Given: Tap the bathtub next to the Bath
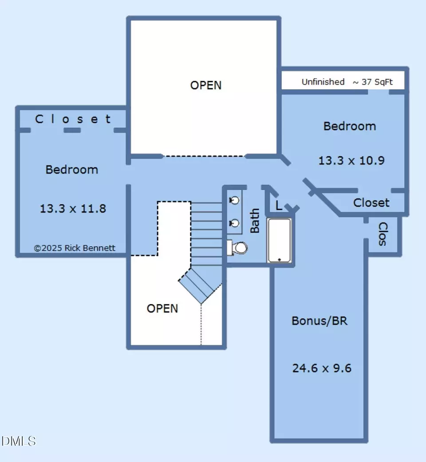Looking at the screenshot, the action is pos(279,240).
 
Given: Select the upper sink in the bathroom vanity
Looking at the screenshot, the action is pos(234,200).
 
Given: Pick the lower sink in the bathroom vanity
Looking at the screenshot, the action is pos(234,223).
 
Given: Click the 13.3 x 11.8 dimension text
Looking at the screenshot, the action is pos(73,209).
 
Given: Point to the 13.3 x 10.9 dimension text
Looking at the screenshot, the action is pos(351,161).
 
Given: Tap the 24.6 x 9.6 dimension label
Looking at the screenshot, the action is pos(322,368).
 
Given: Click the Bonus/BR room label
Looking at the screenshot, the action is pos(319,320).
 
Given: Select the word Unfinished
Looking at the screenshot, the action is pos(323,82).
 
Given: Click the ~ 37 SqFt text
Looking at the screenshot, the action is pos(373,82).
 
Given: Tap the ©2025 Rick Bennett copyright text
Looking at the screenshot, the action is pos(75,248).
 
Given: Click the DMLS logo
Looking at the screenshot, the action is pos(18,441).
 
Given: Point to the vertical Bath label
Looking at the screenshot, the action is pos(255,221).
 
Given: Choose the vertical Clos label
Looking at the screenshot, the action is pos(383,234).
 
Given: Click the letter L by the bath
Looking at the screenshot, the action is pos(279,205).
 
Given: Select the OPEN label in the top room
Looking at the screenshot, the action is pos(205,86).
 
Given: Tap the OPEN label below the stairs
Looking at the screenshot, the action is pos(162,308).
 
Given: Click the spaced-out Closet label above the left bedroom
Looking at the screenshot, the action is pos(73,119).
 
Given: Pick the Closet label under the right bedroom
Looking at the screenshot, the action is pos(371,203).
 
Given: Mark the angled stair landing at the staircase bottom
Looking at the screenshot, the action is pos(200,285).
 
